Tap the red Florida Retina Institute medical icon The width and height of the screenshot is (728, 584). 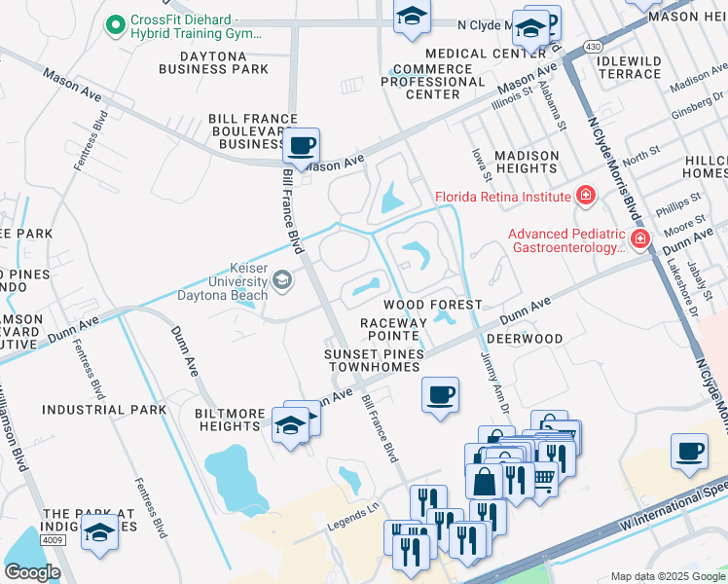coord(585,196)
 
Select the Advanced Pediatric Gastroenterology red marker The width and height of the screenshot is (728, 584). coord(639,239)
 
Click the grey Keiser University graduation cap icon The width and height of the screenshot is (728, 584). coord(281,281)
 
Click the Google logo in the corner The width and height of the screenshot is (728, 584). coord(32,571)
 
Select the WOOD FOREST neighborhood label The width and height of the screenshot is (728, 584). coord(439,305)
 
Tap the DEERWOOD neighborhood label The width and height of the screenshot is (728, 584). coord(525,339)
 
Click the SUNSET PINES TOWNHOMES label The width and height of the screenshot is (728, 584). coord(375,360)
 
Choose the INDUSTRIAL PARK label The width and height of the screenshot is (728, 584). coord(104,410)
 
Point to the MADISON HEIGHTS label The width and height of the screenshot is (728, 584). coord(527,162)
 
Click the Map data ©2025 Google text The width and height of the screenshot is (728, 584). coord(668,576)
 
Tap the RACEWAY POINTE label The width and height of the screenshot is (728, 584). coord(394,328)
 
